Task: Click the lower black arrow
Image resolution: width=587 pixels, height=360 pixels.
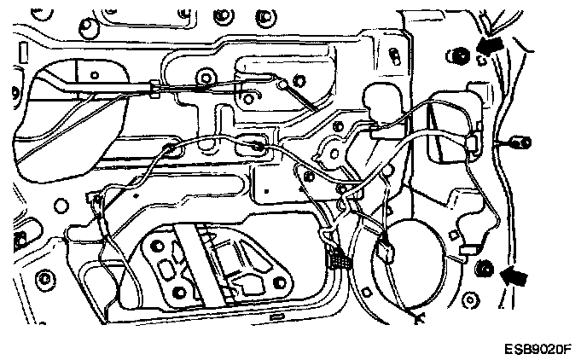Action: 514,275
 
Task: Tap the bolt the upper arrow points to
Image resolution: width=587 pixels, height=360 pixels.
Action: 460,57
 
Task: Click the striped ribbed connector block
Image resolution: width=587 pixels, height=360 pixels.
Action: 338,258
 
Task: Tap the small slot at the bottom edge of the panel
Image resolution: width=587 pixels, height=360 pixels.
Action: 276,316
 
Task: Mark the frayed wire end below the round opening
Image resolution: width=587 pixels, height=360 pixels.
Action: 418,321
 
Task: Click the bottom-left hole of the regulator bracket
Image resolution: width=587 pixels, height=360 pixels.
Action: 177,294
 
